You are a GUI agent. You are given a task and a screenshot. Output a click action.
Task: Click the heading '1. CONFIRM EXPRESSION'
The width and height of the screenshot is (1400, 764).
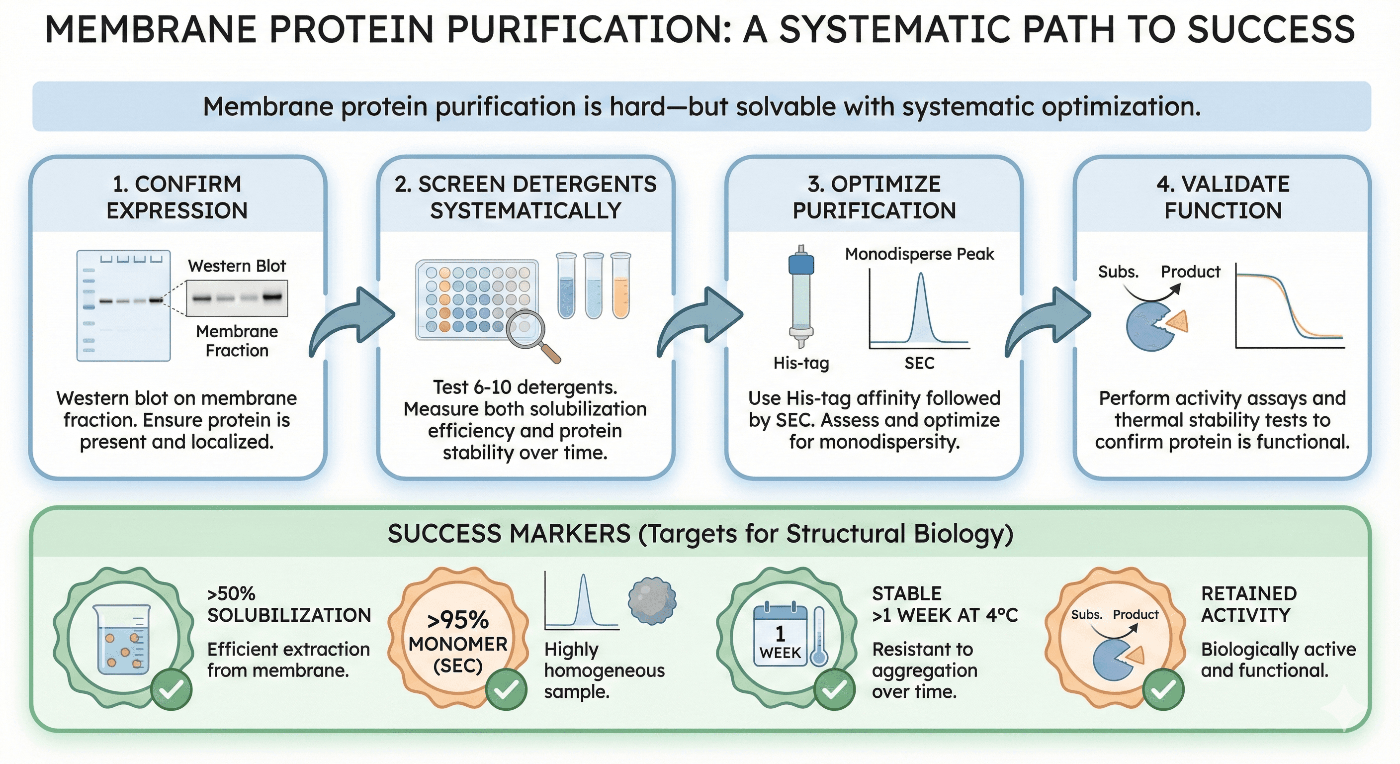click(176, 197)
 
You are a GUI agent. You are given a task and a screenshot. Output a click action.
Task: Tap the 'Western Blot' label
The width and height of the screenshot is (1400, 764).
click(237, 266)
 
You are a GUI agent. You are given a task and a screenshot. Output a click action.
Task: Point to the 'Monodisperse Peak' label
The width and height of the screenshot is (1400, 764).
click(919, 254)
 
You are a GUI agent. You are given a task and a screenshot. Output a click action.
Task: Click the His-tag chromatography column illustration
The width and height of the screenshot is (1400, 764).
click(801, 296)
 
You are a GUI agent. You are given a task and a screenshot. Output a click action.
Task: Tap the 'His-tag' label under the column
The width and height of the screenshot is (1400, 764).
click(801, 363)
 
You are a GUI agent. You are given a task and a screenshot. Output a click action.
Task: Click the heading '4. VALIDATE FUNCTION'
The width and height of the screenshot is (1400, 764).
click(1223, 197)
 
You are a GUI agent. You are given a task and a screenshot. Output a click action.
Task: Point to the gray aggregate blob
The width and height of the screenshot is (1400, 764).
click(652, 601)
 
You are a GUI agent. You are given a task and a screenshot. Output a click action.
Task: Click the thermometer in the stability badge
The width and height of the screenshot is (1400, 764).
click(818, 637)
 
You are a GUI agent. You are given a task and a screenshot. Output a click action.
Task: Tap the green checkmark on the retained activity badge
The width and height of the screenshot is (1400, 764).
click(1163, 689)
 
